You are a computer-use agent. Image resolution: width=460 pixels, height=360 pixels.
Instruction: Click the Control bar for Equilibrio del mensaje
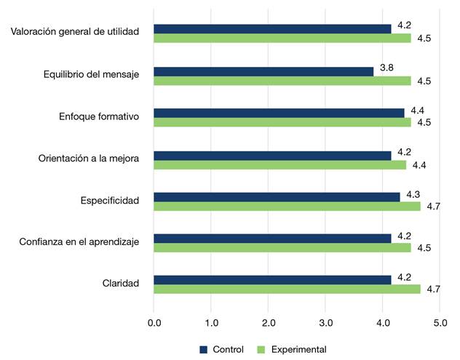tap(263, 71)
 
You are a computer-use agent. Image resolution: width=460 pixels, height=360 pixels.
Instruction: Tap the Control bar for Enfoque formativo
tap(279, 113)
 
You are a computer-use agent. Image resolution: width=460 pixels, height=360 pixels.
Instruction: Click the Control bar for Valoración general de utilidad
tap(272, 29)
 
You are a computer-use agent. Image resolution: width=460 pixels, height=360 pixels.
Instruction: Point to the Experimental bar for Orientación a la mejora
tap(280, 165)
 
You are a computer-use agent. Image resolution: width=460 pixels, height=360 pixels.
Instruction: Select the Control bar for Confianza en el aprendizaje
tap(272, 238)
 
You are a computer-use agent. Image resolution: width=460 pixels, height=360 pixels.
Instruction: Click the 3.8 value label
tap(386, 68)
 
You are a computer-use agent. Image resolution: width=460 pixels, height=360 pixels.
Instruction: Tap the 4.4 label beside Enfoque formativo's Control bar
tap(417, 110)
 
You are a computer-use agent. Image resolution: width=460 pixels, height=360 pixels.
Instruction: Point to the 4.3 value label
tap(413, 194)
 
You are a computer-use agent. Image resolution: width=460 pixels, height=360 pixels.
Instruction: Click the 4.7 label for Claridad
tap(434, 289)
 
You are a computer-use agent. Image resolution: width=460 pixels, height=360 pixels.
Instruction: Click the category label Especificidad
tap(109, 200)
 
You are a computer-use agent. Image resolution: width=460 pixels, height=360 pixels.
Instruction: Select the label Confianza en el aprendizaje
tap(79, 241)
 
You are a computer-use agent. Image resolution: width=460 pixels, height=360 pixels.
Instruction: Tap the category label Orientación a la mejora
tap(88, 158)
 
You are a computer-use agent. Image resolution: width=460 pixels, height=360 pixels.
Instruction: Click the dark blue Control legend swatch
tap(204, 349)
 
